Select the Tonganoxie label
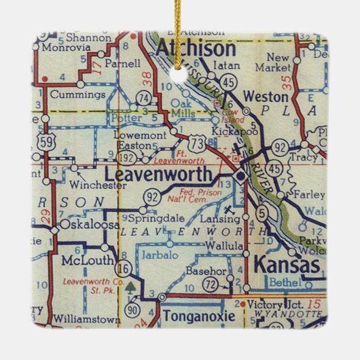pyautogui.click(x=196, y=317)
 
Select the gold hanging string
pyautogui.click(x=180, y=27)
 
